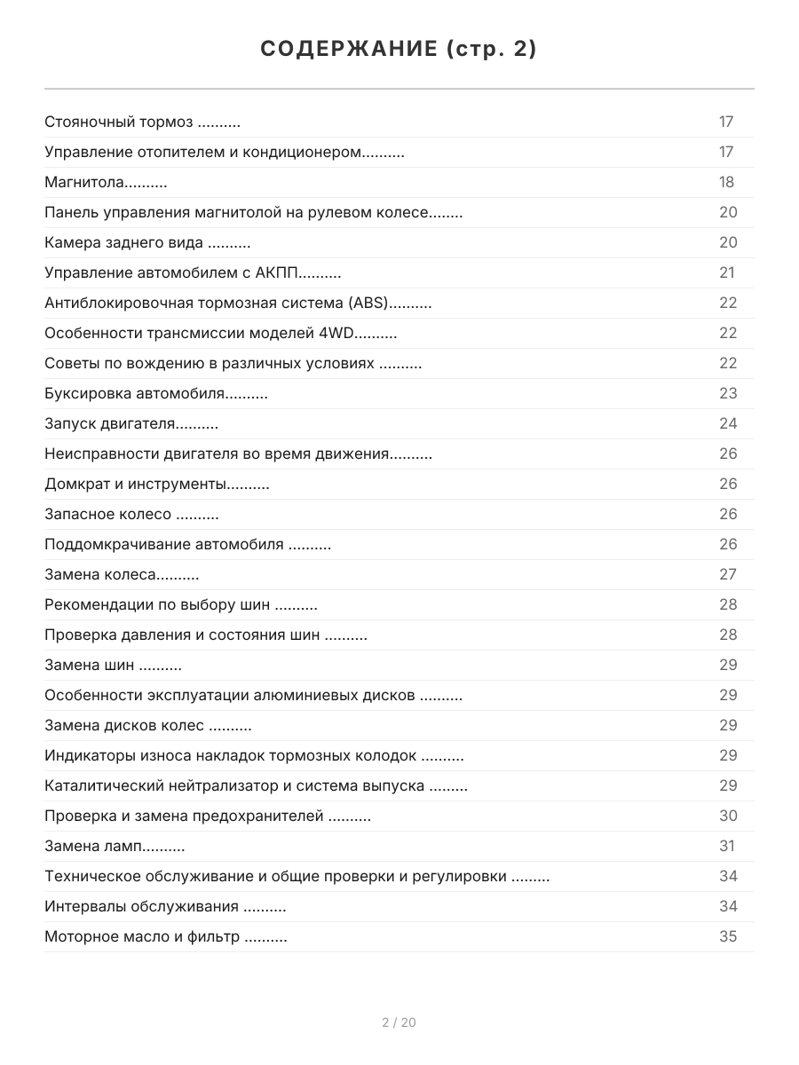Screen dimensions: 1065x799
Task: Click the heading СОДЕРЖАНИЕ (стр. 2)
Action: [x=399, y=50]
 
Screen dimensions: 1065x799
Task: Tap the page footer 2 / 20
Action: [x=399, y=1022]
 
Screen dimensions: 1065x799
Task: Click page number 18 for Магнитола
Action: [x=727, y=183]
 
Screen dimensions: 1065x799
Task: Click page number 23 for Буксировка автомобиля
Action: [x=728, y=394]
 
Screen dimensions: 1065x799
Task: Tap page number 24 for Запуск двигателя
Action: [x=728, y=424]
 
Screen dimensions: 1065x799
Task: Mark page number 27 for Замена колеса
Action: [x=728, y=575]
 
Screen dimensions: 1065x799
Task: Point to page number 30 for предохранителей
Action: [x=728, y=816]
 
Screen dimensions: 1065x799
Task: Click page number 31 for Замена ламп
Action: [x=728, y=847]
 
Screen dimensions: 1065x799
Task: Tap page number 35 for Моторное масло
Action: [x=728, y=937]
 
